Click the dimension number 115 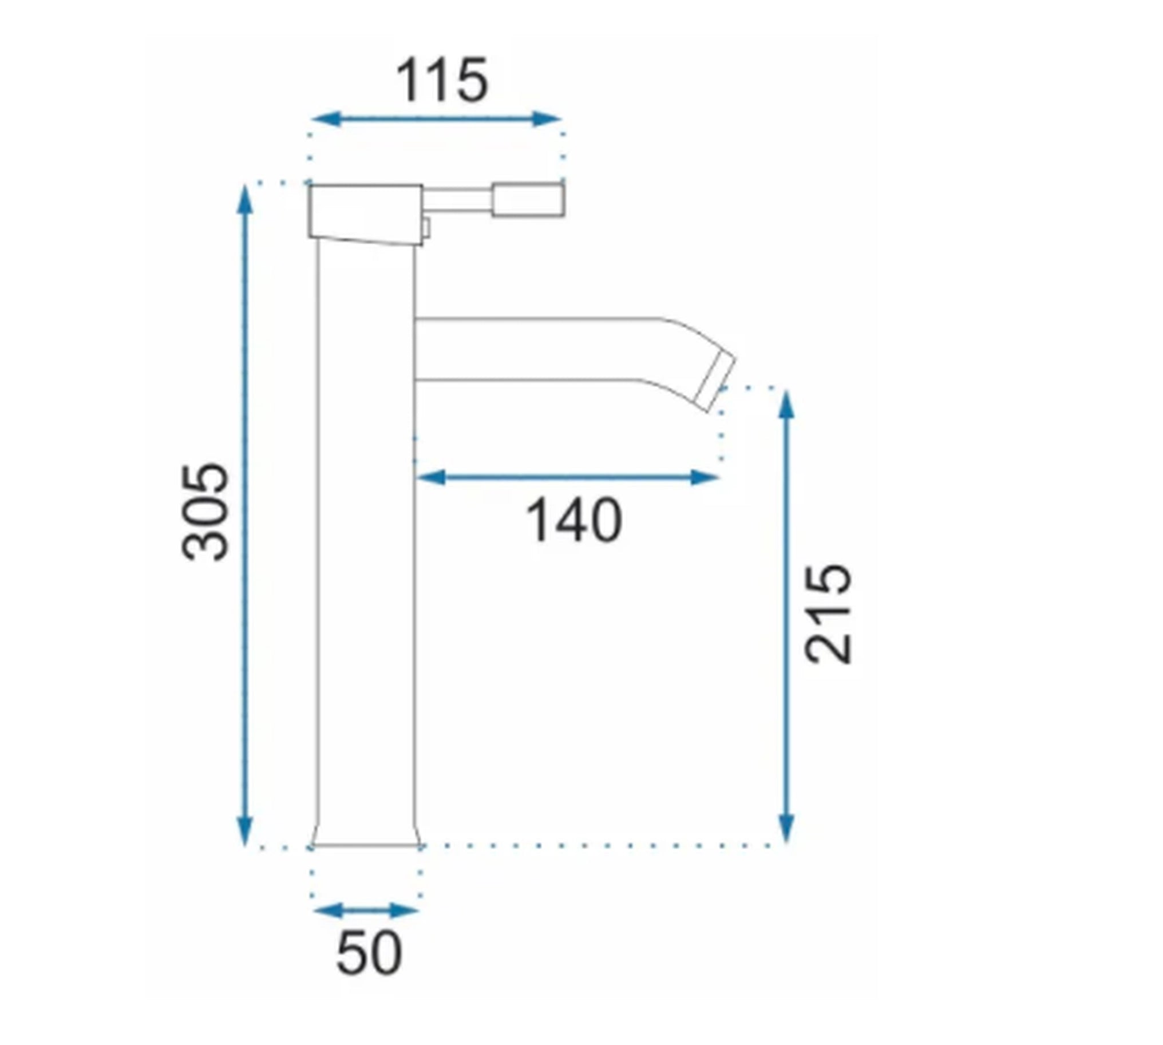coord(442,80)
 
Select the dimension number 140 coord(573,521)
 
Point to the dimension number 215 coord(828,615)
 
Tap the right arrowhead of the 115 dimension coord(546,120)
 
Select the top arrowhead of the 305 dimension coord(245,199)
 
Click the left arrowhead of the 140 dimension coord(431,477)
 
